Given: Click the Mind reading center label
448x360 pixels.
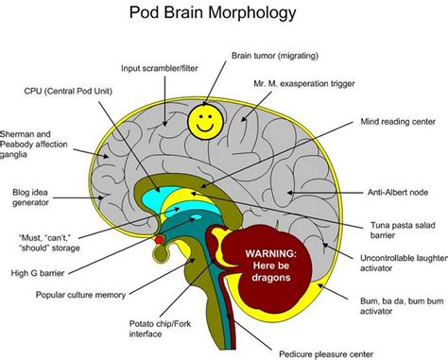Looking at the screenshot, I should (397, 123).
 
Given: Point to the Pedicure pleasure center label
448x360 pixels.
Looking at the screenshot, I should (331, 351).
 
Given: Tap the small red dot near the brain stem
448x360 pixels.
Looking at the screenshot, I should (159, 240).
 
